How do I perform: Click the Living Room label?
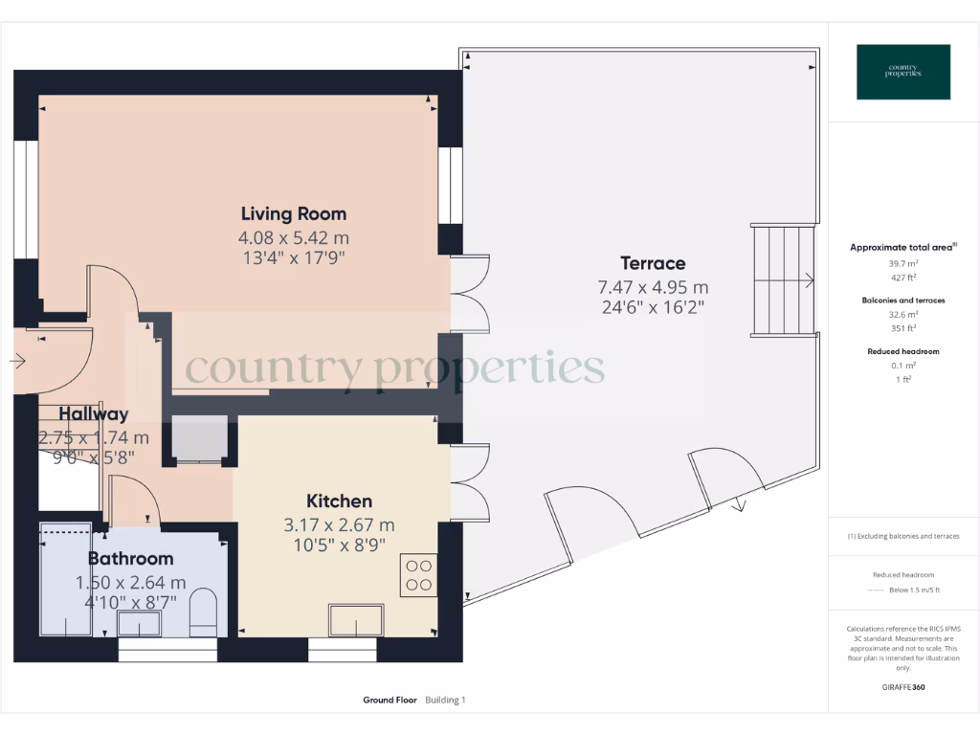[x=293, y=213]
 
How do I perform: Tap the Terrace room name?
[x=653, y=263]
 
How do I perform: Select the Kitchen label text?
[x=339, y=501]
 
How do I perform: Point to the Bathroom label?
[x=131, y=559]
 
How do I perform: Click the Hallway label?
[x=94, y=414]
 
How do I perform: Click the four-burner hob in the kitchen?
[x=418, y=574]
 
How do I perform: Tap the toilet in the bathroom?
[x=204, y=613]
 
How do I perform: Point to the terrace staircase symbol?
[x=784, y=279]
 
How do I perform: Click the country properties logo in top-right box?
[x=902, y=72]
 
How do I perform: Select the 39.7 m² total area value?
[x=902, y=262]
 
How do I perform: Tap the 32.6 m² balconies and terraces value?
[x=902, y=314]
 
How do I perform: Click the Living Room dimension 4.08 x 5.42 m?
[x=293, y=237]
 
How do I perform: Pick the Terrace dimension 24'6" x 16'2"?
[x=653, y=308]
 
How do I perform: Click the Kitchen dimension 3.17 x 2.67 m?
[x=339, y=525]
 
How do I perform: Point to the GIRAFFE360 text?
[x=902, y=687]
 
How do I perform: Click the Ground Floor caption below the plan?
[x=390, y=701]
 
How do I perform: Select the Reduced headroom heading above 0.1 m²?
[x=902, y=351]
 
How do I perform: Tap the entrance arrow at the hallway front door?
[x=17, y=361]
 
